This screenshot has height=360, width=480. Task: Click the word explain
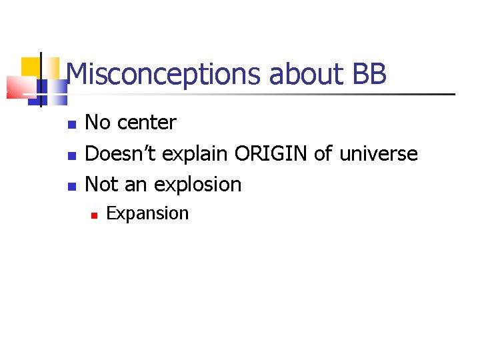click(197, 155)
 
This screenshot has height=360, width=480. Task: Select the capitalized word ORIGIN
click(271, 154)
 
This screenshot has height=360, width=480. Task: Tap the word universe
click(379, 155)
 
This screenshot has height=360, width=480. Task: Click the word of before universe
click(324, 154)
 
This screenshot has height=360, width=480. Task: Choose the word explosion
click(198, 185)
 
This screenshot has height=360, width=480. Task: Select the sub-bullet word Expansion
click(147, 214)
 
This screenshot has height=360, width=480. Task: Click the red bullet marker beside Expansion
click(95, 215)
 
